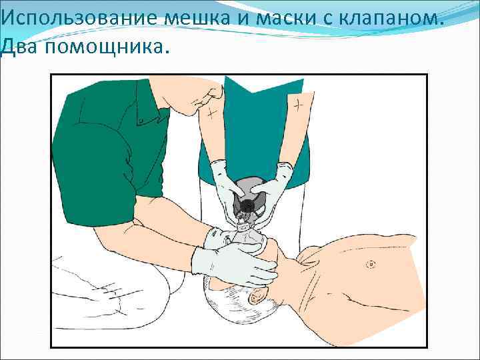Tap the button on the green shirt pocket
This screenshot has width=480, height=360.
click(141, 120)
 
